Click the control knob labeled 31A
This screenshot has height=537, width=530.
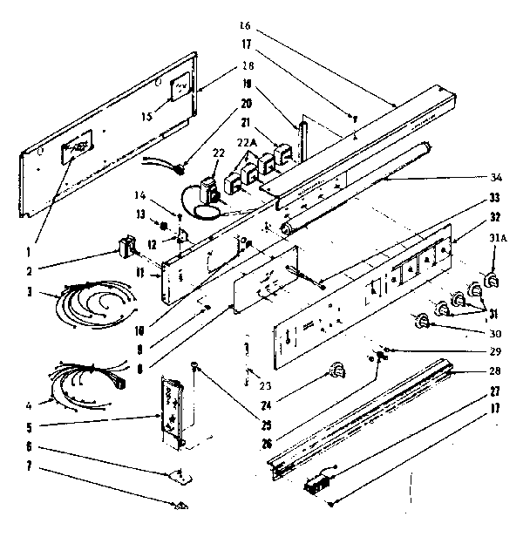[x=492, y=281]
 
